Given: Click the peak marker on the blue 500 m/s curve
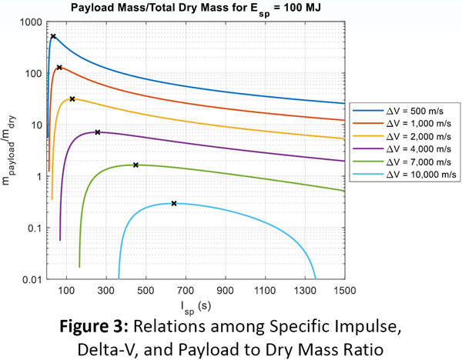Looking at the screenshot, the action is coord(53,36).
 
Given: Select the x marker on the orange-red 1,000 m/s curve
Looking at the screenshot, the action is coord(59,68).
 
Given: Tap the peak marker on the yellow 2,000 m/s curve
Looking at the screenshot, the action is coord(72,99).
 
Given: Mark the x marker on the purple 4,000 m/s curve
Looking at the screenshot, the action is coord(98,132).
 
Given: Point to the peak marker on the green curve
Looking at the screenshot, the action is coord(136,165).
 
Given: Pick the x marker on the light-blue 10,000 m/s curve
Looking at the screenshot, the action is coord(174,203).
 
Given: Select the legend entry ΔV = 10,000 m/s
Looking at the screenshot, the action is coord(404,175).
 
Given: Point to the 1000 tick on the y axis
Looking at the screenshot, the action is coord(32,22).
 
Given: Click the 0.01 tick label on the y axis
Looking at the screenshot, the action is coord(32,279).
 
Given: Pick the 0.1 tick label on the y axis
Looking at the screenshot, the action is coord(35,228).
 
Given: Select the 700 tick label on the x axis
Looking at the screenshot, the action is coord(186,291).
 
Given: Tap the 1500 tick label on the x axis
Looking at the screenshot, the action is coord(344,291).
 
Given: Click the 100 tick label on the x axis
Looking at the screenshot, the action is coord(66,291).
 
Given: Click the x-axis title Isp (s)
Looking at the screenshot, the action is coord(196,308).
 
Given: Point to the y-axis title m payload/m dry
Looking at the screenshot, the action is coord(9,151).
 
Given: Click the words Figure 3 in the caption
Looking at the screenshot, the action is coord(94,326).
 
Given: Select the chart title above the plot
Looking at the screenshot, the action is coord(196,8).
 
